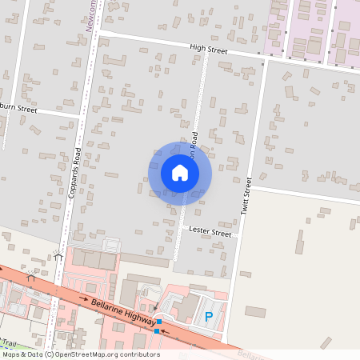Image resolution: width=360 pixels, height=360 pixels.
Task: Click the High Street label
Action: (x=209, y=50)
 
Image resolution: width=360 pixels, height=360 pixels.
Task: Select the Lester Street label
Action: (x=210, y=233)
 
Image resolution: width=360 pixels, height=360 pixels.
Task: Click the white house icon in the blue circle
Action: (x=180, y=173)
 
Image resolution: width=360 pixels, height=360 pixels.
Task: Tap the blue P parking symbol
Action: (x=209, y=317)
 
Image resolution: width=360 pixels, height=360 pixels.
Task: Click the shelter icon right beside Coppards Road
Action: (x=58, y=256)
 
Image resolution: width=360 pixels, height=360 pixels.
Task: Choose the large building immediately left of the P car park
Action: (x=186, y=306)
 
